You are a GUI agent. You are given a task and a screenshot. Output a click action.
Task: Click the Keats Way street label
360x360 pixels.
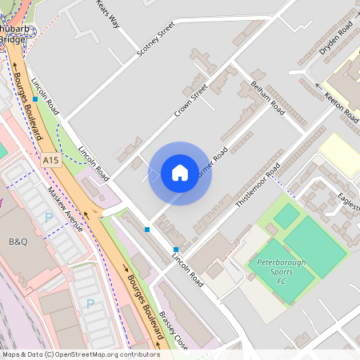coord(108,14)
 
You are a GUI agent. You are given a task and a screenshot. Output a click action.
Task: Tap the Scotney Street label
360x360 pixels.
coord(155,38)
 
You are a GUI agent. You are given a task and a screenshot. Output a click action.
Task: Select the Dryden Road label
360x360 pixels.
coord(335,38)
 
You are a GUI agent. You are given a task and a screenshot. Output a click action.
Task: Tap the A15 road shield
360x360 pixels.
coord(51,161)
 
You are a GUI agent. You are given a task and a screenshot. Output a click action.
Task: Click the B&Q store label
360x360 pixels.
coord(18,241)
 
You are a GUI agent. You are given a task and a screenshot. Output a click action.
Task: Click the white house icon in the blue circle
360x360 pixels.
coord(180,173)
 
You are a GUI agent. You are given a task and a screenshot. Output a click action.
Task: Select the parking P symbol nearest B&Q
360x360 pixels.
coord(49,217)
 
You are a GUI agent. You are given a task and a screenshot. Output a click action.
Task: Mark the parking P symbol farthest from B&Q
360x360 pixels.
coord(90,303)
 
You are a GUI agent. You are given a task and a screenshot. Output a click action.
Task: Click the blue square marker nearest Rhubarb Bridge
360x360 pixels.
coord(35,99)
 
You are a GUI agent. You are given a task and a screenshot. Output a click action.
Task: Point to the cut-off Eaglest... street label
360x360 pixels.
coord(347,199)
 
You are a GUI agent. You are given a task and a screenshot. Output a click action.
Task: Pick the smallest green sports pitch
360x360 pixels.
coord(286,215)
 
